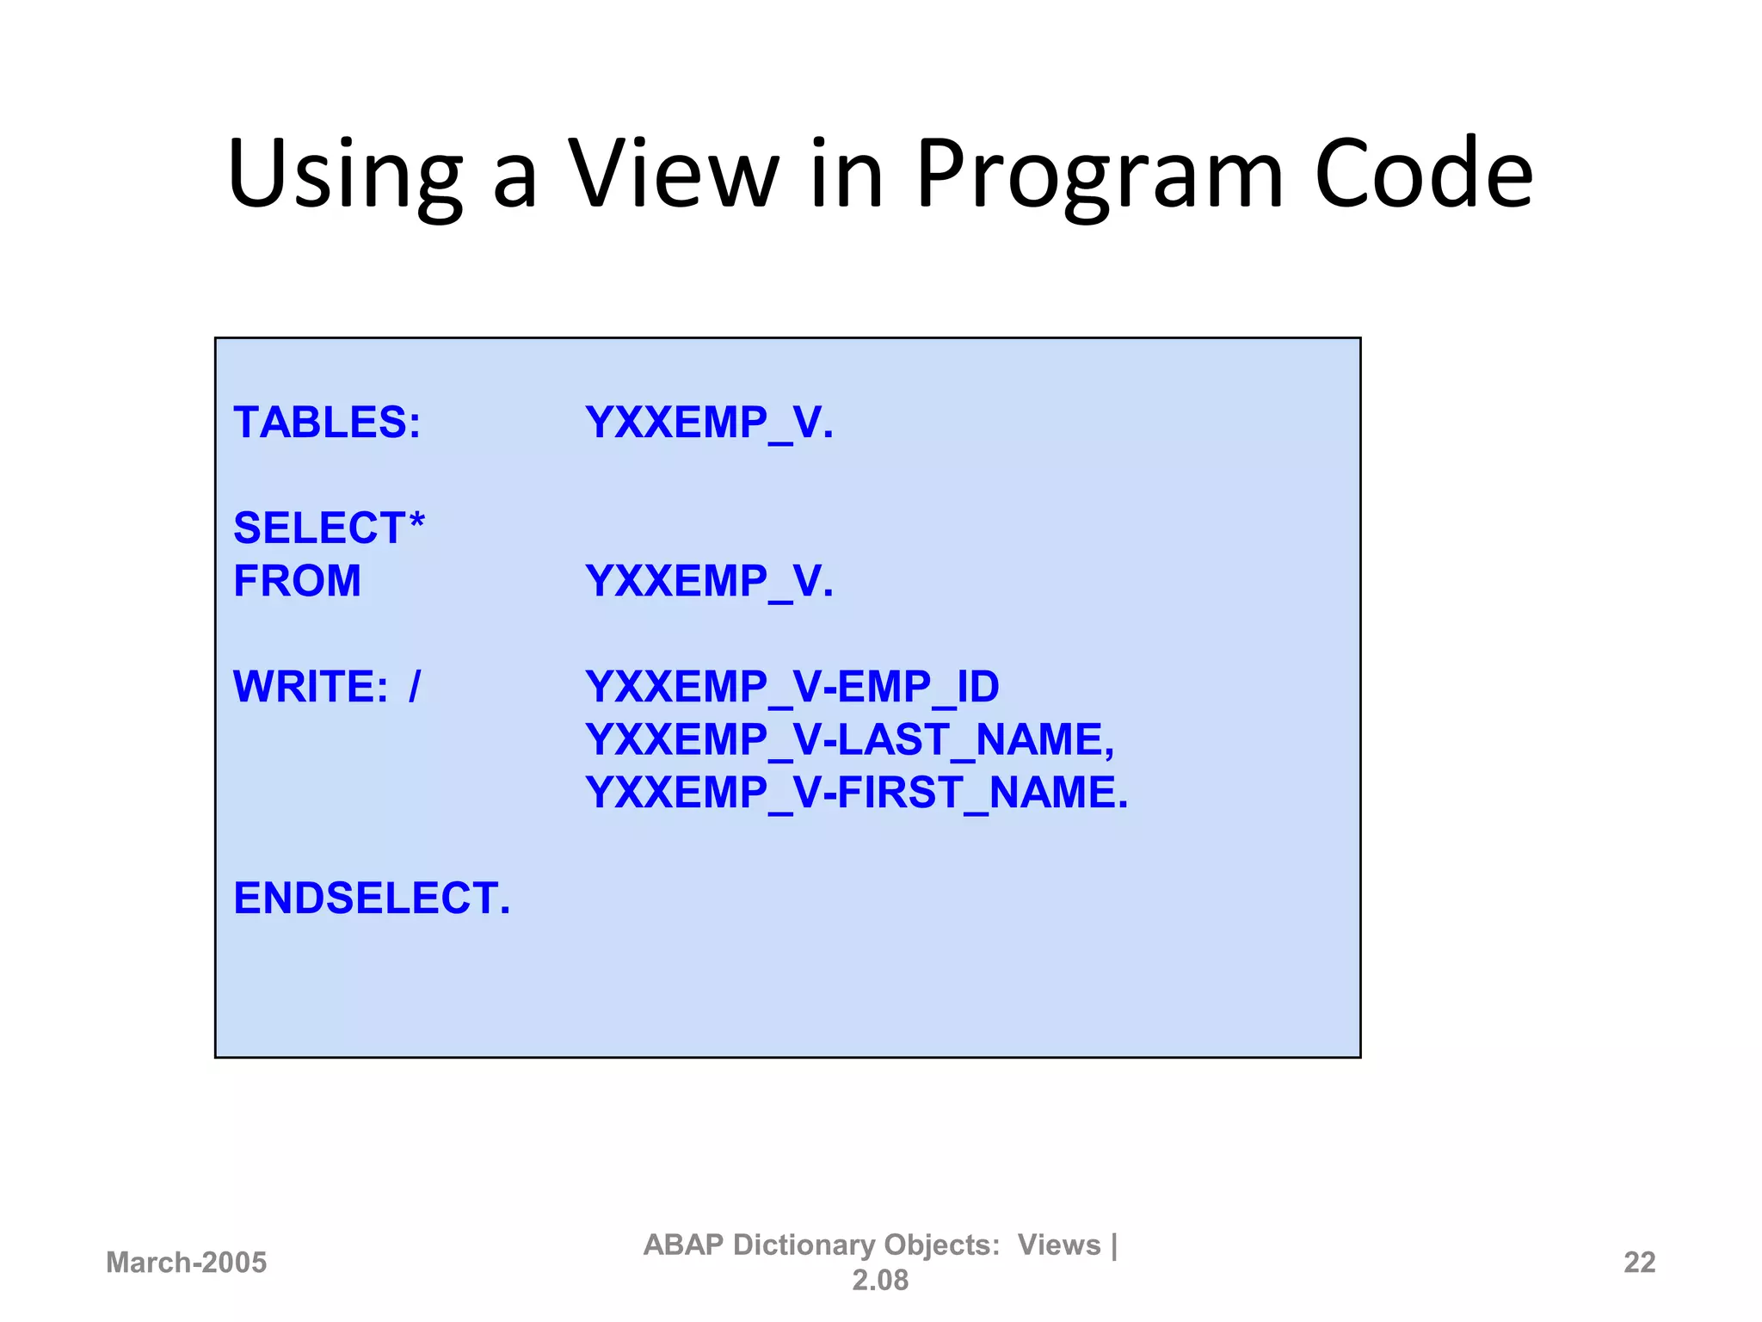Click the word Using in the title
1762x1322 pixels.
344,176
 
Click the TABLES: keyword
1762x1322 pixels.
327,423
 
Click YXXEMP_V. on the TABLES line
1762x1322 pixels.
709,423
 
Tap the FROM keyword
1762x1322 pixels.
297,581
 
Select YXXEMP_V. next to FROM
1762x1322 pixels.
709,581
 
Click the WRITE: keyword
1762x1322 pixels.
311,687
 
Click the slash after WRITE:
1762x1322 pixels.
415,687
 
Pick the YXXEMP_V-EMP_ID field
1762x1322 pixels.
792,687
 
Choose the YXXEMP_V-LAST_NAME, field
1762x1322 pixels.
849,739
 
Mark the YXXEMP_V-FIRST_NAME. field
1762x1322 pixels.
856,793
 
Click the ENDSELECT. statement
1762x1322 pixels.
372,899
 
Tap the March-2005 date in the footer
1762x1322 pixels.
186,1263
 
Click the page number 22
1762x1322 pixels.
1639,1263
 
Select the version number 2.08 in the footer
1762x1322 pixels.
879,1281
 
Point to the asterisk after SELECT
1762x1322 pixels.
416,521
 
